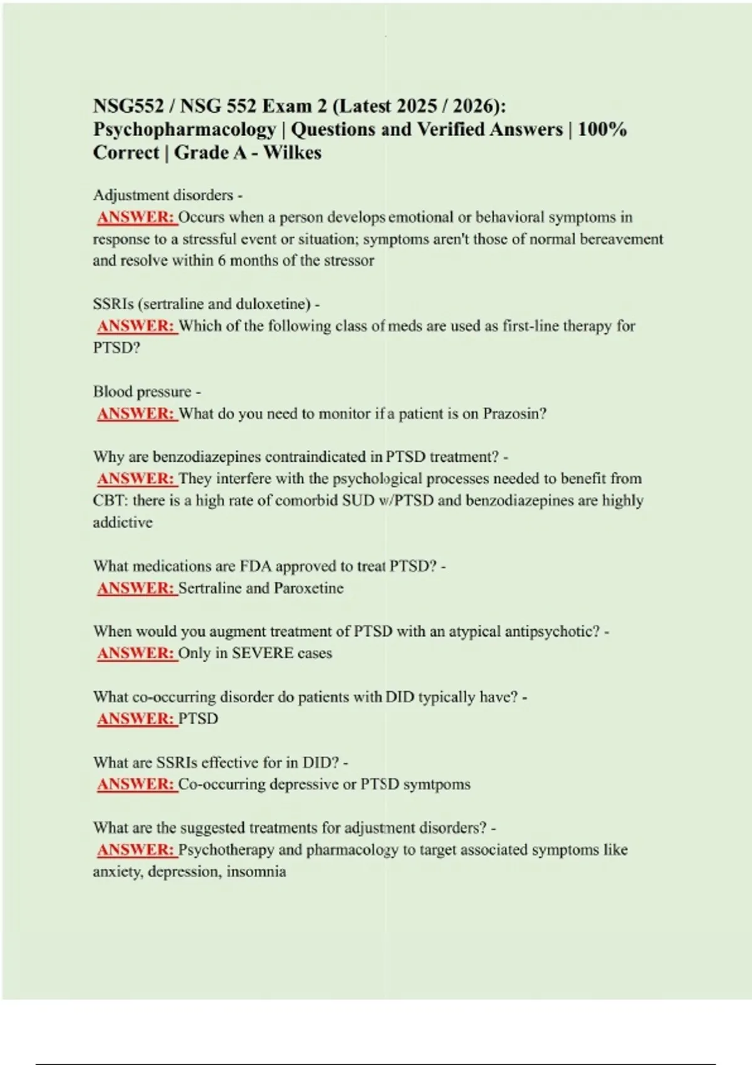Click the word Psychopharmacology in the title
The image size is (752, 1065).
coord(184,130)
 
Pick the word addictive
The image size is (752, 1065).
coord(123,522)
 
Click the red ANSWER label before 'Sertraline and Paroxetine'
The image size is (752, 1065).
coord(136,588)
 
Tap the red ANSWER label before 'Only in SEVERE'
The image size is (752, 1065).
coord(136,653)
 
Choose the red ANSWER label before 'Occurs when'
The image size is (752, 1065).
coord(136,217)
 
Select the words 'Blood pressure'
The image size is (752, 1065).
coord(142,392)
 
